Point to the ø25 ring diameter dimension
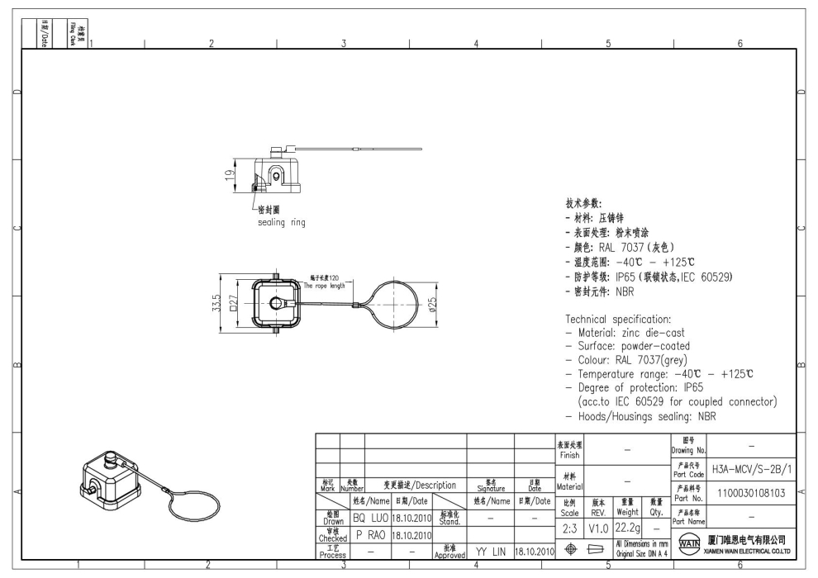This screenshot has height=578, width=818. tap(432, 305)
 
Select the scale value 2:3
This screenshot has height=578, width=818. tap(568, 527)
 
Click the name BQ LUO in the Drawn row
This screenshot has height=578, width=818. tap(370, 518)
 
